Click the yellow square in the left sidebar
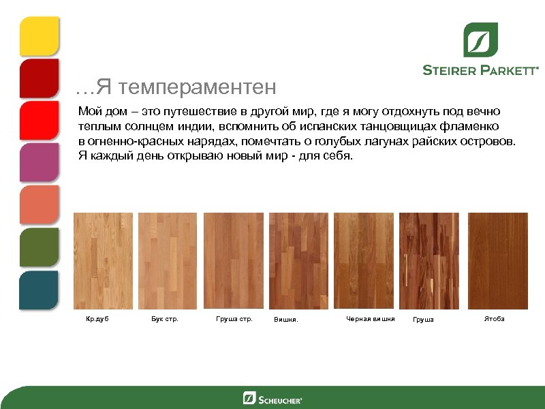click(39, 36)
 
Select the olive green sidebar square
click(39, 247)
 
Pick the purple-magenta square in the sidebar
click(39, 163)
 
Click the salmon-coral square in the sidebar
click(39, 205)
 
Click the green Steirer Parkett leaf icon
click(480, 40)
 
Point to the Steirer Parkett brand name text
click(480, 70)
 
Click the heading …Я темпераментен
click(176, 87)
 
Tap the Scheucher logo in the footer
click(272, 398)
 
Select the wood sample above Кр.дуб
click(102, 261)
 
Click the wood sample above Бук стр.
click(167, 261)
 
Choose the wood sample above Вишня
click(298, 261)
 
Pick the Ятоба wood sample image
click(497, 261)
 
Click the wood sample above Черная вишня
click(364, 261)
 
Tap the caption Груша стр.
click(234, 319)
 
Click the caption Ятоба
click(494, 319)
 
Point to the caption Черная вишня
click(370, 319)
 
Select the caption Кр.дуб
click(97, 319)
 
